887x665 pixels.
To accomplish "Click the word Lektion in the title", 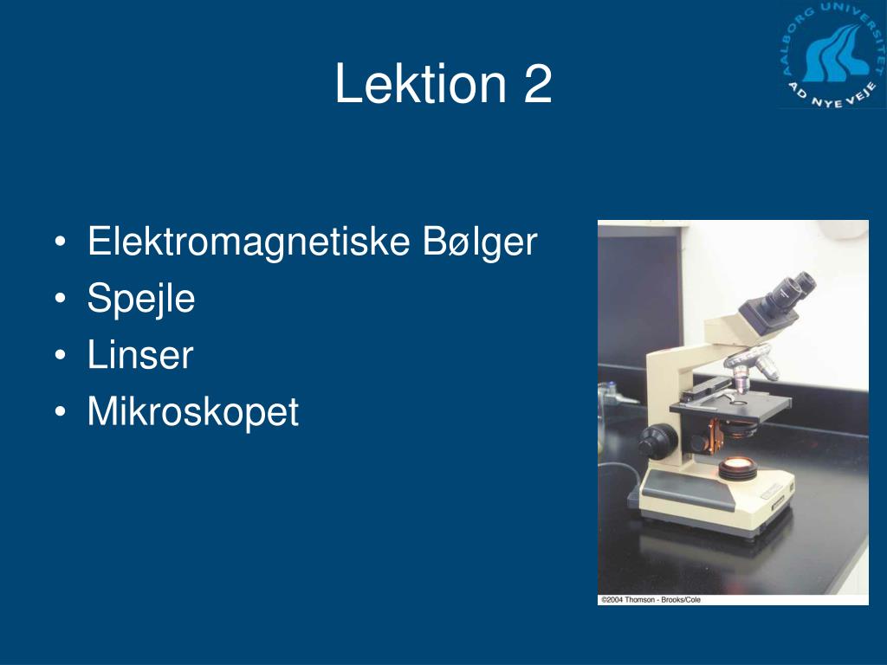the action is click(420, 83).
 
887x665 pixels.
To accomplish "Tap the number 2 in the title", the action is click(537, 83).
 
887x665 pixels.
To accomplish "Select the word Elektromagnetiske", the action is click(249, 242).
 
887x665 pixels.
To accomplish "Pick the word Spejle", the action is click(141, 299).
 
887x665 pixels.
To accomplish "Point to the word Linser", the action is click(140, 354).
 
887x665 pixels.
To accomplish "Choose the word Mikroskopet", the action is click(193, 411).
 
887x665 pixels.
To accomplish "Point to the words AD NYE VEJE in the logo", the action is click(833, 95).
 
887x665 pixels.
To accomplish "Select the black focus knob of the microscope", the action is click(657, 441).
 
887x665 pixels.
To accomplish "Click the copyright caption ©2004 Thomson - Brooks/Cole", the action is click(651, 599).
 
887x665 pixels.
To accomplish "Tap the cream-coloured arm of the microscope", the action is click(664, 391).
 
